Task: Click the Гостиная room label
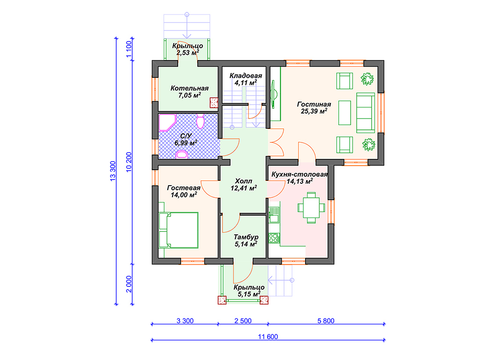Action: click(314, 105)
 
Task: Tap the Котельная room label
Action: click(189, 88)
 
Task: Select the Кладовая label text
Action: click(246, 75)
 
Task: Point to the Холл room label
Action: click(244, 181)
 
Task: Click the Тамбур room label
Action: click(246, 237)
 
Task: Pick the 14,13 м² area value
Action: click(300, 181)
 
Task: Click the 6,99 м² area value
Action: click(186, 143)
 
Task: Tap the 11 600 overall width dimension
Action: click(268, 337)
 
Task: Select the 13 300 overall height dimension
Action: click(113, 171)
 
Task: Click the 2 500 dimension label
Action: click(243, 321)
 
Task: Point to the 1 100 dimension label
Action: click(129, 49)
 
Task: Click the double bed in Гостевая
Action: click(179, 230)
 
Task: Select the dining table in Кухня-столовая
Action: click(311, 208)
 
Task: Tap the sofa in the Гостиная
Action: click(366, 112)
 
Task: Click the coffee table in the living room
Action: click(345, 112)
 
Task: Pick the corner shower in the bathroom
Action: click(167, 123)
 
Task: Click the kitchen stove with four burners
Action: click(274, 238)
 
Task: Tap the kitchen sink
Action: click(274, 215)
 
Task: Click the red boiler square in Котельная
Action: click(214, 103)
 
